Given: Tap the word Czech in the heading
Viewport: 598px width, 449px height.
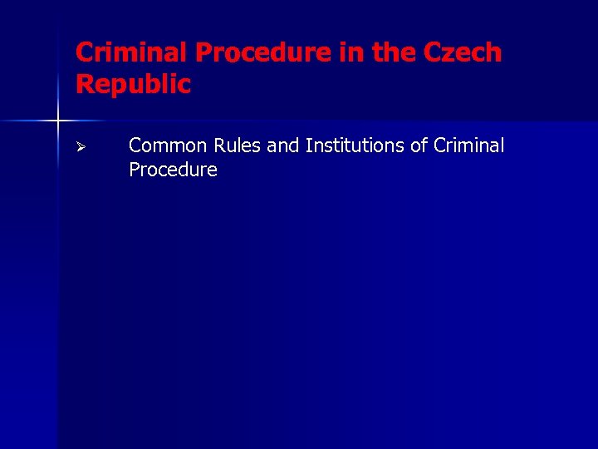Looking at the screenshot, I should coord(462,52).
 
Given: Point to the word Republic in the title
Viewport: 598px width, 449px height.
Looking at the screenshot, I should coord(133,84).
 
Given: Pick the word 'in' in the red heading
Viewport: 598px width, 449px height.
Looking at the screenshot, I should coord(350,52).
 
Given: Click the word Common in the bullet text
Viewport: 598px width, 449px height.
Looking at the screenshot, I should coord(169,146).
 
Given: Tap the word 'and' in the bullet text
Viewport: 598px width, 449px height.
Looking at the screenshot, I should coord(283,146).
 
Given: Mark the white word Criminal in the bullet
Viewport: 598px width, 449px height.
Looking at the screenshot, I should coord(469,146).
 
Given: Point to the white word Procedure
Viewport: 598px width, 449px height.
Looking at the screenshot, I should coord(173,170).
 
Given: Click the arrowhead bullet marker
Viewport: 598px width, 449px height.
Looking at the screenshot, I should coord(81,147).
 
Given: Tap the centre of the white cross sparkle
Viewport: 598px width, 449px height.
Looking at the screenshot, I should coord(58,121).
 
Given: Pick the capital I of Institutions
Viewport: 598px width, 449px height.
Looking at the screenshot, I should coord(308,146).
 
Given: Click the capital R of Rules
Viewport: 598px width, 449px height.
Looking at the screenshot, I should coord(219,146).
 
